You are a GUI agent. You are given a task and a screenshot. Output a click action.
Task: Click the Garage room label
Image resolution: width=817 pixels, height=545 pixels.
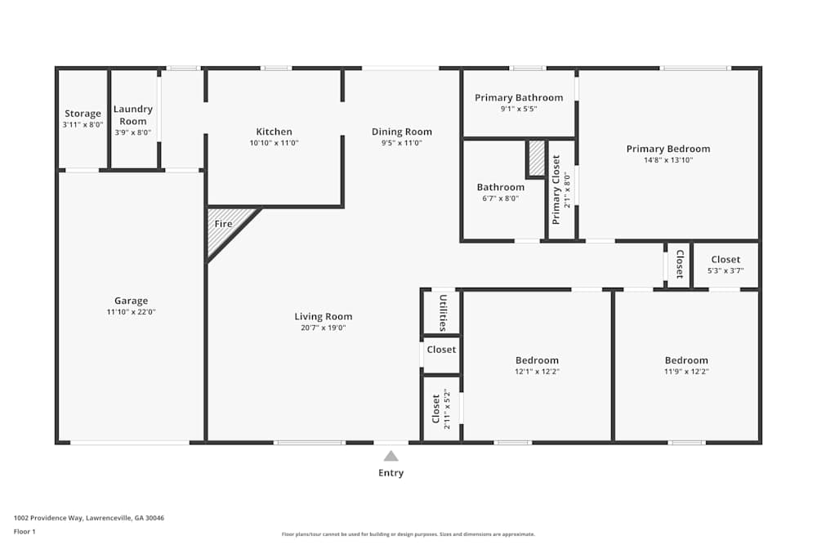[x=131, y=301]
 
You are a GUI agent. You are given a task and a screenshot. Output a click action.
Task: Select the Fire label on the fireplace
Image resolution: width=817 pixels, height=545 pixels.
[x=223, y=224]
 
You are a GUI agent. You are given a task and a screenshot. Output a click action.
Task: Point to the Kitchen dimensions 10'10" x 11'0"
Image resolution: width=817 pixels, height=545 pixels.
[x=274, y=143]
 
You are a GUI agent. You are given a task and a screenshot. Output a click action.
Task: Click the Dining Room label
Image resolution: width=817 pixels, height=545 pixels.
[x=401, y=132]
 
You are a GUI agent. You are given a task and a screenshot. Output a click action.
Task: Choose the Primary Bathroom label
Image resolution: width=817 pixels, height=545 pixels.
[x=519, y=98]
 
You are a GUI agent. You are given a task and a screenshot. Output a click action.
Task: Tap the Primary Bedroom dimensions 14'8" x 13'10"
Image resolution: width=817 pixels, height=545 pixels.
[x=667, y=160]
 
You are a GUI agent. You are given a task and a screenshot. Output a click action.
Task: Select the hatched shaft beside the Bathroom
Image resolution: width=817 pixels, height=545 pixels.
[x=537, y=159]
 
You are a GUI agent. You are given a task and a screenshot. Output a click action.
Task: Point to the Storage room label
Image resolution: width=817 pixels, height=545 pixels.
[x=83, y=114]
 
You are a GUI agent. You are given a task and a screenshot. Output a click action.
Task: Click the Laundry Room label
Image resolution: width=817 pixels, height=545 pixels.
[x=132, y=115]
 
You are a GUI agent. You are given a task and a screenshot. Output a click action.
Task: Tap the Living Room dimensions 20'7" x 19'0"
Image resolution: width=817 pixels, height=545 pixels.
[x=324, y=328]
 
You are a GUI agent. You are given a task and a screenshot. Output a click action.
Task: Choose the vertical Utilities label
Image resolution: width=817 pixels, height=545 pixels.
[x=442, y=313]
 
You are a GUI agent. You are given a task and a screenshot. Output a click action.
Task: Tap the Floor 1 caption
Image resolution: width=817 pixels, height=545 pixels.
[x=25, y=531]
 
